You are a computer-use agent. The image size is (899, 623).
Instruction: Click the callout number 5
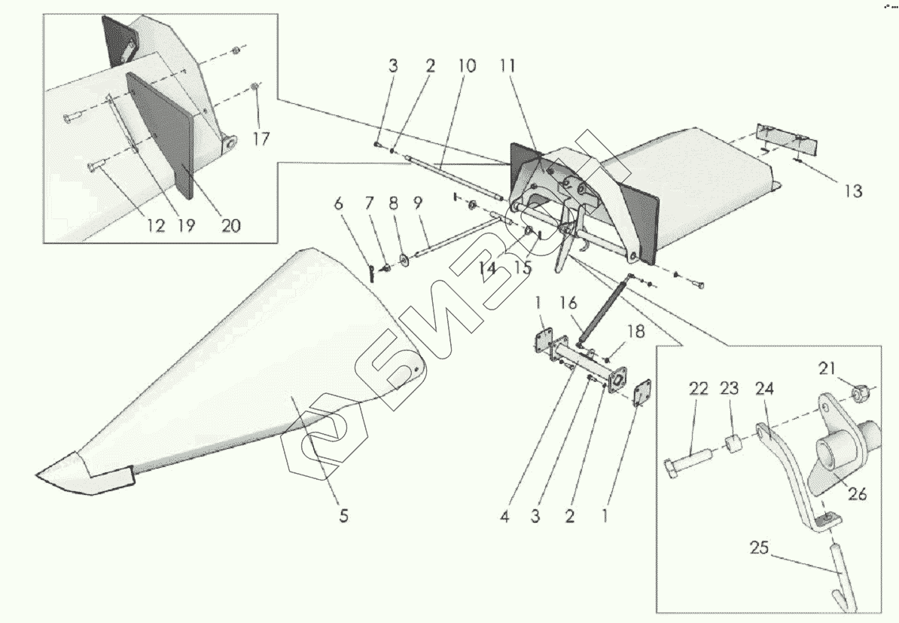[x=343, y=518]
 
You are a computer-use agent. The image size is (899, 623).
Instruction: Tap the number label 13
[x=852, y=191]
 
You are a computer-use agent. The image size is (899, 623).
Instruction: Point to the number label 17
[x=261, y=139]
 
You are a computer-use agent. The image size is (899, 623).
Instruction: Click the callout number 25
[x=759, y=548]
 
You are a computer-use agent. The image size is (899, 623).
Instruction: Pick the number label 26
[x=857, y=494]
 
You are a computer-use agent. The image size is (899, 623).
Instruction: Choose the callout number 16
[x=568, y=303]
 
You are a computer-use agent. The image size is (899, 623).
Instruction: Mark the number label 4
[x=504, y=518]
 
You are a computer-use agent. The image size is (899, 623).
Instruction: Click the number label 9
[x=418, y=203]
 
